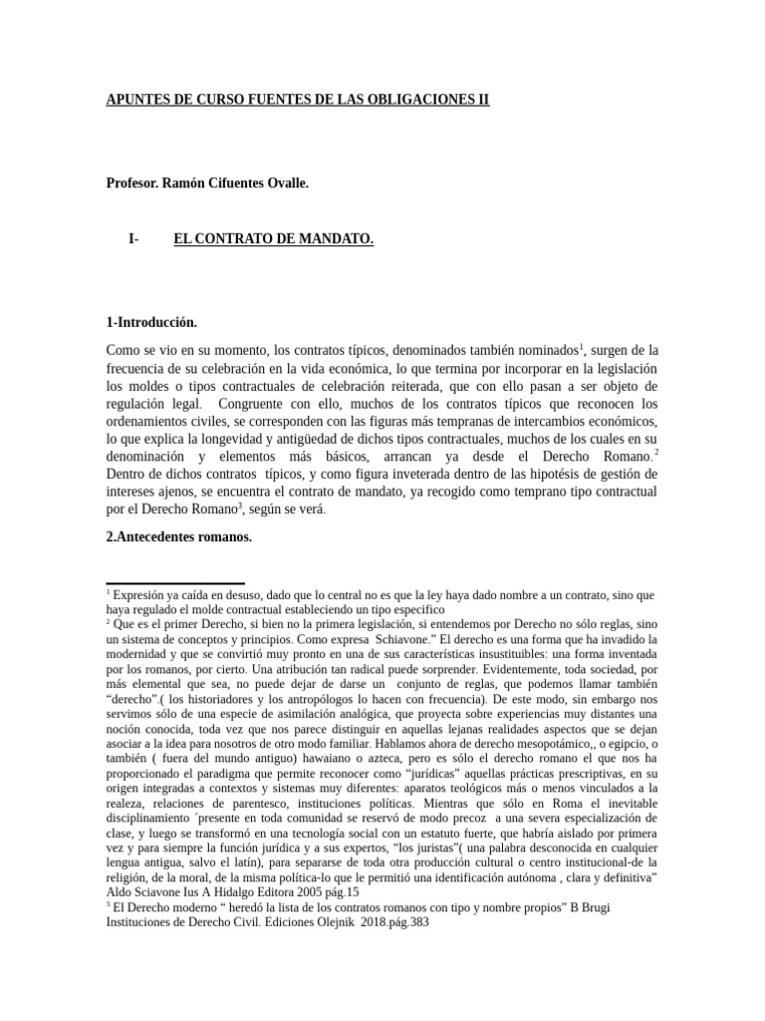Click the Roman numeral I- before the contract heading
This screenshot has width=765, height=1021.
(133, 239)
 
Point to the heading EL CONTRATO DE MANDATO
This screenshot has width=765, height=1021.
(273, 239)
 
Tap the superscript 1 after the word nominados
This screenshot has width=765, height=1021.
(581, 346)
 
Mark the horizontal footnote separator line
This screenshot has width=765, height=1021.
(175, 583)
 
